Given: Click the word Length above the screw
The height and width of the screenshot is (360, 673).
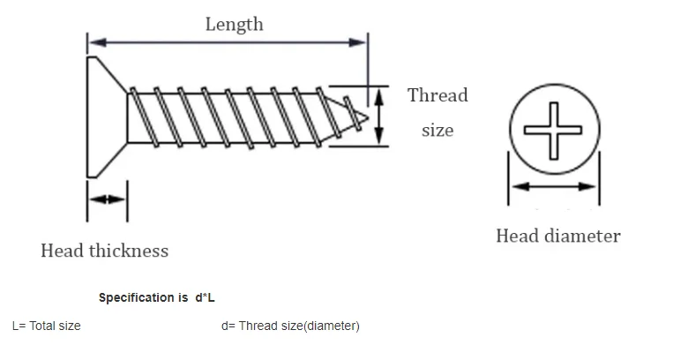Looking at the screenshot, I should click(x=234, y=24).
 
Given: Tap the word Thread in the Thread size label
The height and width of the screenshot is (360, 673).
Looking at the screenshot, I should click(x=437, y=95).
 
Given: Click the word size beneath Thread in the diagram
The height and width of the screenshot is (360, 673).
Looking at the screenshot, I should click(x=437, y=131).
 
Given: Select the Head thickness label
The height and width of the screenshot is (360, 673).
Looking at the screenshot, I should click(x=104, y=251).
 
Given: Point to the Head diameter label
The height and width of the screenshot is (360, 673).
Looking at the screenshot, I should click(x=557, y=236).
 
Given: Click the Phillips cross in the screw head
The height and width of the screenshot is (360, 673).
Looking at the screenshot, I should click(x=553, y=130).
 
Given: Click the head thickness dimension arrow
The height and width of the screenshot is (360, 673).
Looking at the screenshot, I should click(x=107, y=199).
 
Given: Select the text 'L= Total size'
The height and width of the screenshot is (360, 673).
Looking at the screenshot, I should click(x=46, y=326).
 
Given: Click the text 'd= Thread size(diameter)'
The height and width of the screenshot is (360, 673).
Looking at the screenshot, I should click(x=290, y=326).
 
